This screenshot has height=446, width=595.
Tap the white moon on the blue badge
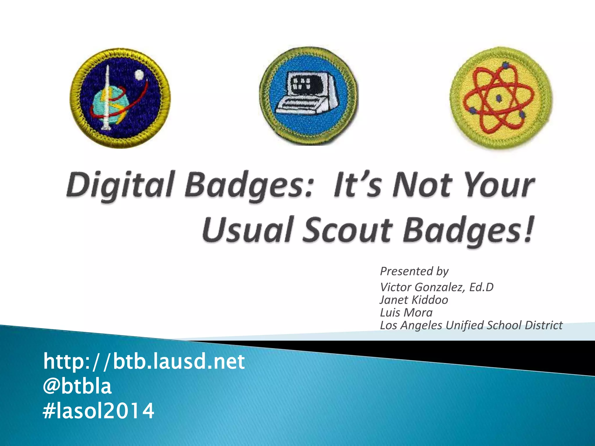[139, 75]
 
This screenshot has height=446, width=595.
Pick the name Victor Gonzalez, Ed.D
[437, 287]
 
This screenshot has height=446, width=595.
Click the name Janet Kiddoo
[414, 300]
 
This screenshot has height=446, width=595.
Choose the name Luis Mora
[406, 313]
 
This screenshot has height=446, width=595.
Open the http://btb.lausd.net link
[144, 362]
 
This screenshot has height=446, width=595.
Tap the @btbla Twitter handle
[77, 386]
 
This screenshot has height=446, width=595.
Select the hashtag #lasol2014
[98, 411]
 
